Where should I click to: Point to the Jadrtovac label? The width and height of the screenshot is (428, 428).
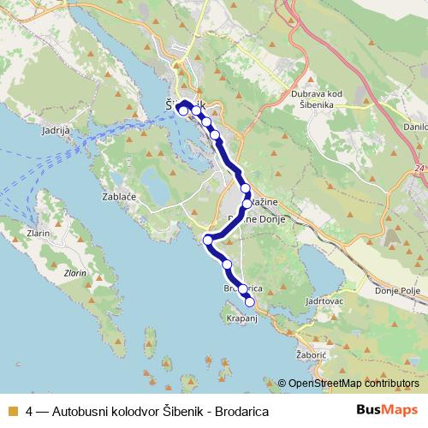click(323, 301)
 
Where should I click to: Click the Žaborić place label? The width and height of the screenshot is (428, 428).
click(330, 350)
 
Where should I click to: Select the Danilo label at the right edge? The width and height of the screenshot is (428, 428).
click(415, 127)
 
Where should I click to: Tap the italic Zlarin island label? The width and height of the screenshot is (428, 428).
click(74, 273)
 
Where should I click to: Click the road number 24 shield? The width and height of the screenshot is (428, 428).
click(418, 169)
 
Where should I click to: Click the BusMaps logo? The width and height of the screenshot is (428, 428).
click(388, 410)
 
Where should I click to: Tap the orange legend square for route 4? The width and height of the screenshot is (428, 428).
click(13, 411)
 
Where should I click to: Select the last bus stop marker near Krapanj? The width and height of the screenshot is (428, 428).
click(250, 301)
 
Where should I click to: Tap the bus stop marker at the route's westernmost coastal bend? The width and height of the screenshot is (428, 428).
click(207, 240)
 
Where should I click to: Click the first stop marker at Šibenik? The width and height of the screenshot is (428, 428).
click(182, 110)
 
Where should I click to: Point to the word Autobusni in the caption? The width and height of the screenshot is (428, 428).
click(80, 411)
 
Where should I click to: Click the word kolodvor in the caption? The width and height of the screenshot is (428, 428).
click(136, 411)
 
